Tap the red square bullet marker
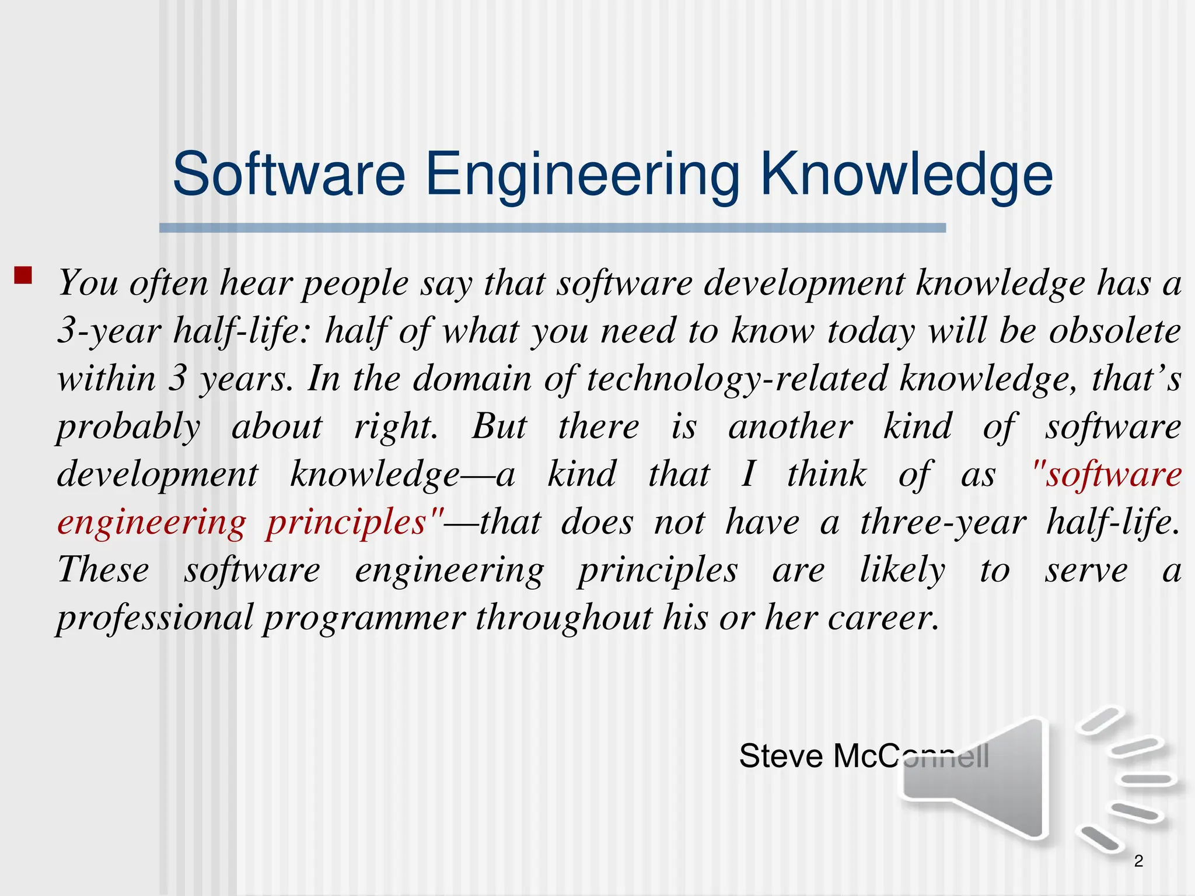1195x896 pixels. point(23,275)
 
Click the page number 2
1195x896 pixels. point(1138,860)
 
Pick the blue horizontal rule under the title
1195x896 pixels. point(552,228)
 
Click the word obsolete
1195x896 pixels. point(1115,331)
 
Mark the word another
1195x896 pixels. point(791,426)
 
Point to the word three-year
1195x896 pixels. point(943,523)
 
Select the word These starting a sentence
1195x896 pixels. point(103,570)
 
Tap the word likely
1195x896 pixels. point(902,571)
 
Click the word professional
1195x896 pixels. point(155,618)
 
